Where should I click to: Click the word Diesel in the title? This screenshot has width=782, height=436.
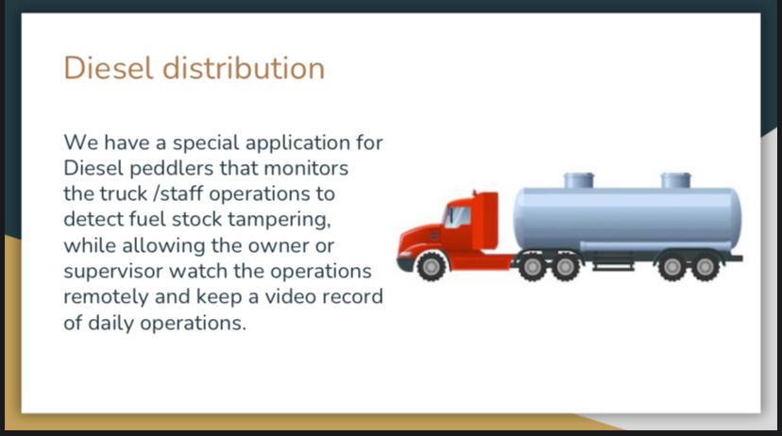pos(109,68)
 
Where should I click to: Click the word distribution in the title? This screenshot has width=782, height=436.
pos(244,68)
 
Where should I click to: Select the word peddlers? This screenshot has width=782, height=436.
pos(172,168)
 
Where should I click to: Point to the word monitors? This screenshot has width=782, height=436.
pos(306,168)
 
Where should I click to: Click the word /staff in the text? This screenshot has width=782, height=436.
pos(178,193)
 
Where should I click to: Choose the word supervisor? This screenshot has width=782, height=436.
pos(113,272)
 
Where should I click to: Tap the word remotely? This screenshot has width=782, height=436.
pos(106,297)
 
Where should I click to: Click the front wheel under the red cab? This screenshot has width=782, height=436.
pos(431,266)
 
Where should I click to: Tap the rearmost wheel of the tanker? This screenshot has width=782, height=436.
pos(705,267)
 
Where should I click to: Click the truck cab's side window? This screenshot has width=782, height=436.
pos(457,217)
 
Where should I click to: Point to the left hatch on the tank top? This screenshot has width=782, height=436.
pos(579,180)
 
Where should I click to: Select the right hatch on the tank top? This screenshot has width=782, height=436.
pos(676,180)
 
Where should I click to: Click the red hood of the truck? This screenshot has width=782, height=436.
pos(421,238)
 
